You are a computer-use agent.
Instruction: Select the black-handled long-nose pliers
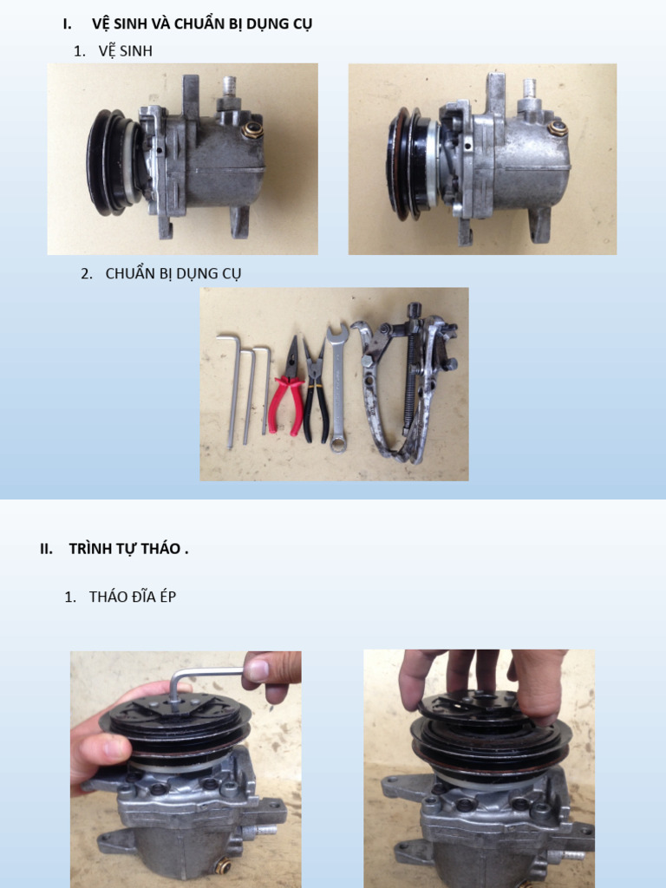[x=314, y=391]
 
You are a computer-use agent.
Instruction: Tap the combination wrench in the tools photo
[x=337, y=388]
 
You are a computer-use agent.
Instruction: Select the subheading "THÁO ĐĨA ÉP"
[x=133, y=597]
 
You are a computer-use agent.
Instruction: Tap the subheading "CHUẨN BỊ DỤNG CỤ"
[x=173, y=273]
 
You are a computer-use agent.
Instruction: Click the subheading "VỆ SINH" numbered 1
[x=125, y=51]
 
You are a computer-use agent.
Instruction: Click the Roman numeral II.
[x=46, y=549]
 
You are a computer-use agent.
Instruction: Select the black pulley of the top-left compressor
[x=110, y=162]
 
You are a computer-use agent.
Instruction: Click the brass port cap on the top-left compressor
[x=252, y=131]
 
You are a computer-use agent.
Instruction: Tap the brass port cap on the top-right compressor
[x=558, y=128]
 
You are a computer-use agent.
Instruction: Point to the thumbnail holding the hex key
[x=258, y=670]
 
